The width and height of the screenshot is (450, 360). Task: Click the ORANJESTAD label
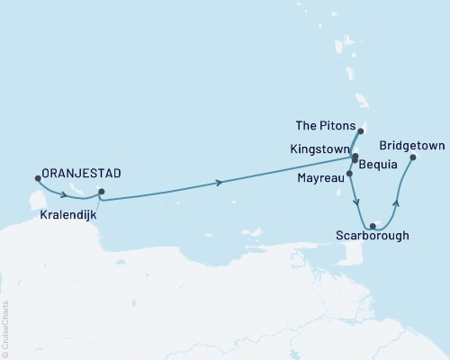click(82, 172)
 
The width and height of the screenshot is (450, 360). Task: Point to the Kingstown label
click(319, 146)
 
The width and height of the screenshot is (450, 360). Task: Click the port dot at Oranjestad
click(37, 178)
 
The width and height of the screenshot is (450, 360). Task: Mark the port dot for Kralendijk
click(101, 191)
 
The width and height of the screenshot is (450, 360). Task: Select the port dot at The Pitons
click(360, 130)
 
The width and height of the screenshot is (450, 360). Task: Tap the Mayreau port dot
click(348, 173)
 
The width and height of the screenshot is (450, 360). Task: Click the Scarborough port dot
click(373, 226)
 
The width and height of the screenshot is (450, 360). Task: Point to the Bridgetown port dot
click(413, 157)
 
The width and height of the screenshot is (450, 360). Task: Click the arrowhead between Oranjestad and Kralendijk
click(68, 191)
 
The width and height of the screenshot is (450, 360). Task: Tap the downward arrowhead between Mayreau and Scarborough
click(358, 202)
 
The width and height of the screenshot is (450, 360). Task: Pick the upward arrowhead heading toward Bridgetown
click(397, 203)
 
